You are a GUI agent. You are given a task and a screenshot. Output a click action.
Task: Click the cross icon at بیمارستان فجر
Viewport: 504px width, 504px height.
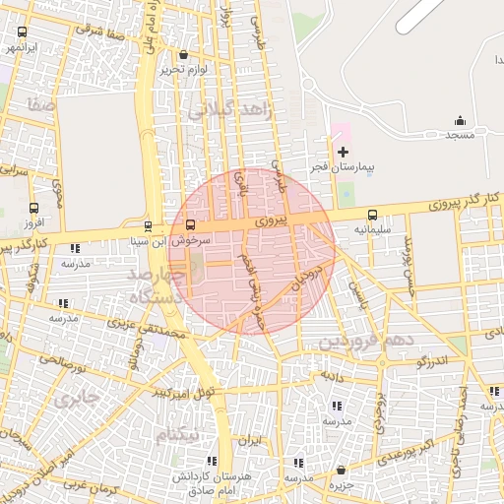(x=343, y=152)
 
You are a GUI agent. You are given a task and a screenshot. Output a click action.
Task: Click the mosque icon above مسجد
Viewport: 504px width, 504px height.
(x=460, y=121)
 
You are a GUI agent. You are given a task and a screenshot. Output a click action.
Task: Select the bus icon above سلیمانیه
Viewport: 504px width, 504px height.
(x=372, y=215)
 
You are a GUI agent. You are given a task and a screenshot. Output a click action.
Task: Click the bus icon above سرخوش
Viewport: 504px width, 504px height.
(x=190, y=224)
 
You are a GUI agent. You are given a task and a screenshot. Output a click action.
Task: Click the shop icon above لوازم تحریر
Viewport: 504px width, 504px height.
(x=185, y=55)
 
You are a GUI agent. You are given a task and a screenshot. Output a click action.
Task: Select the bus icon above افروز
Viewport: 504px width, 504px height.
(x=34, y=209)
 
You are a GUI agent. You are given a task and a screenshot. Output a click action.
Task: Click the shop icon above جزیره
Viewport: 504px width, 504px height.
(x=340, y=471)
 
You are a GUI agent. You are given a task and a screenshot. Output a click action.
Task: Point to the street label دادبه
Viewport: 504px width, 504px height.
(x=329, y=376)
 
